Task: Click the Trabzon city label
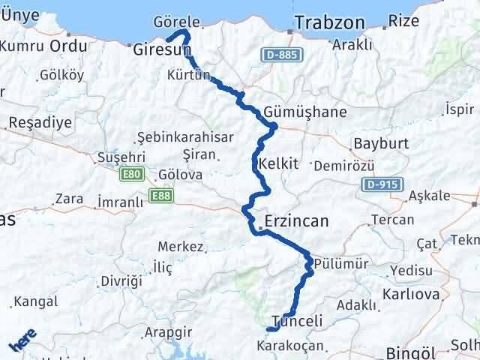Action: [x=330, y=23]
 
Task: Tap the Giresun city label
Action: [x=159, y=50]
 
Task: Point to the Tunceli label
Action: [x=297, y=317]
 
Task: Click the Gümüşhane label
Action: [x=305, y=112]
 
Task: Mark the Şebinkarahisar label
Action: [x=186, y=138]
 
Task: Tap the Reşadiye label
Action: [x=39, y=121]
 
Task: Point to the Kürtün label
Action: [x=188, y=76]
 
